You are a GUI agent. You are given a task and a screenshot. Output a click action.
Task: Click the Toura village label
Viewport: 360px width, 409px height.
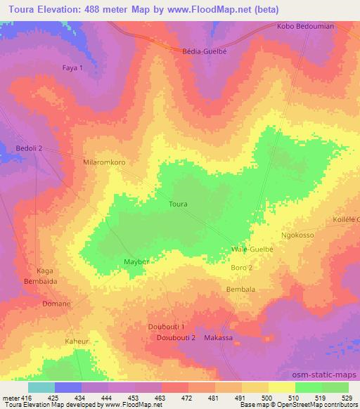click(179, 204)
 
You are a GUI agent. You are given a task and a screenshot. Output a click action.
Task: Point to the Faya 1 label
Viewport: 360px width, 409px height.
click(72, 67)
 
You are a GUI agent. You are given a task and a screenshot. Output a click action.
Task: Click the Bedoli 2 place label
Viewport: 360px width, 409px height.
click(30, 148)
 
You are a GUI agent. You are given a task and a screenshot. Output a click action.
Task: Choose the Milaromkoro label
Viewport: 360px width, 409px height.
click(104, 162)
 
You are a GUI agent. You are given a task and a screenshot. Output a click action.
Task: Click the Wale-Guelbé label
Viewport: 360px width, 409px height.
click(252, 249)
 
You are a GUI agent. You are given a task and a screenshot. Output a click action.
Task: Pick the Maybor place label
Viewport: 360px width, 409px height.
click(139, 261)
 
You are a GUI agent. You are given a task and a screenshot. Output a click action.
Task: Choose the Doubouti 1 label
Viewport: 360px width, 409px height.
click(167, 327)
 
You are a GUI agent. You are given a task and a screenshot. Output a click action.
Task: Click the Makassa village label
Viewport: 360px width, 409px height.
click(218, 338)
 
